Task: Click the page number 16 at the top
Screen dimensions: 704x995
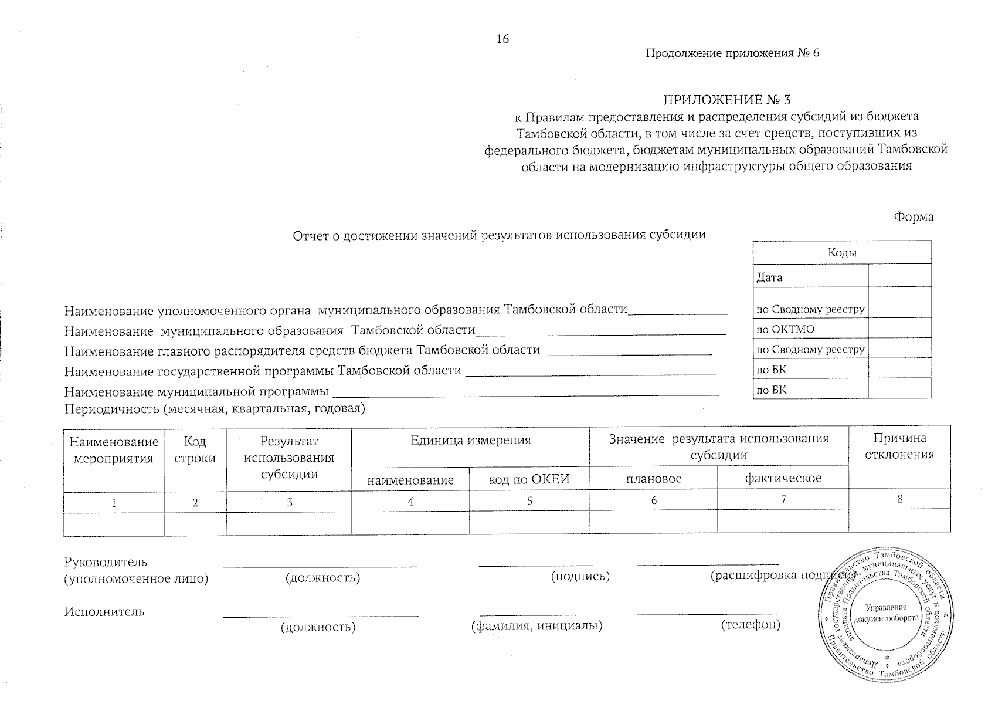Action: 502,39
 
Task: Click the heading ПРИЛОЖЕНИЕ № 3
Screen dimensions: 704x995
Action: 726,100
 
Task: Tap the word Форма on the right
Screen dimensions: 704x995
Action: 914,217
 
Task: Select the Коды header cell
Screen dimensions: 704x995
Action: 842,253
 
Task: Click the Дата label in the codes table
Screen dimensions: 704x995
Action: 769,277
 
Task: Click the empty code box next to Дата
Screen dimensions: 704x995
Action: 899,276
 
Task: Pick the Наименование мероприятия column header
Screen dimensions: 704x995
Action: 114,450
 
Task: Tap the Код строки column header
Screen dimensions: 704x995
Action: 195,450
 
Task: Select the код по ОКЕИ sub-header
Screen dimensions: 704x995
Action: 529,480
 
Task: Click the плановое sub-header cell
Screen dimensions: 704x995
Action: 654,479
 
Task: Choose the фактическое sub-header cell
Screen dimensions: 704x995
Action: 783,479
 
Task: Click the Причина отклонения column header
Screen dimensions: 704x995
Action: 899,446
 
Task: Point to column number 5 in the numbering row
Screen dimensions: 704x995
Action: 529,502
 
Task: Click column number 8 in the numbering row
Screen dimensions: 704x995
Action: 899,500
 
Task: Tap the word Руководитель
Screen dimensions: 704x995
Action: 106,563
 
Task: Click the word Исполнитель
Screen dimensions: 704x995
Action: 104,612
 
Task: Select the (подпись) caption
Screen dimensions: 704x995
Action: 580,577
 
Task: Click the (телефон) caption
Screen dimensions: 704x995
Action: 751,625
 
